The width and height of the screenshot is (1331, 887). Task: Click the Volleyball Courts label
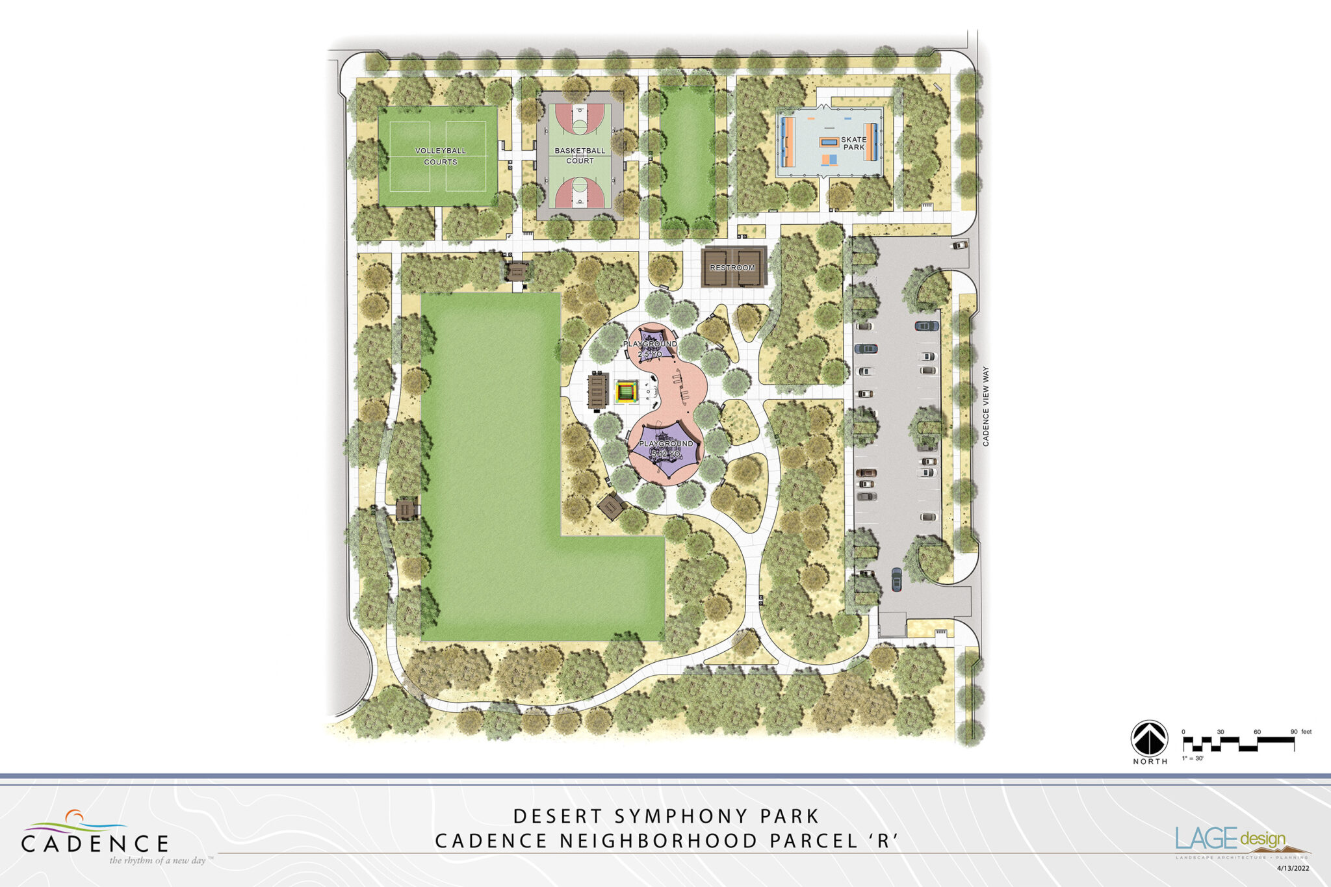(x=440, y=156)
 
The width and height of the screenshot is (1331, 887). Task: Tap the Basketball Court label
(x=580, y=155)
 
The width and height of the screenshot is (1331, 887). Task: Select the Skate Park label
(x=853, y=144)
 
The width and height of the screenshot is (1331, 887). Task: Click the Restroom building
(x=732, y=267)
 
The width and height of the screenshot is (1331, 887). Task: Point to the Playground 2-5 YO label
(x=650, y=348)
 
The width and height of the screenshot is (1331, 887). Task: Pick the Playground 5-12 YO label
(x=665, y=448)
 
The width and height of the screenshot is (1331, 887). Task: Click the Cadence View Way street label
(x=985, y=406)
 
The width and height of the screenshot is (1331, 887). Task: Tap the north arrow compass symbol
(x=1149, y=739)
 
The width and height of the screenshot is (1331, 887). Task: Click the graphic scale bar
(x=1238, y=743)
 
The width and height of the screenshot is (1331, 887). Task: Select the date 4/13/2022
(x=1293, y=868)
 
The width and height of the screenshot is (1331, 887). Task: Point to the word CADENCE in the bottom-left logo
(x=95, y=843)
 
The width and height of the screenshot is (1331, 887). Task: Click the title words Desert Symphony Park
(x=666, y=816)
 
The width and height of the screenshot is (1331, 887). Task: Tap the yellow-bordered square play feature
(x=626, y=392)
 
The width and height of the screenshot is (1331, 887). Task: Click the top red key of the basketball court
(x=580, y=117)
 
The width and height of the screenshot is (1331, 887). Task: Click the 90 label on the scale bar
(x=1294, y=732)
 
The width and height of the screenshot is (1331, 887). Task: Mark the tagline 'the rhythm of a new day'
(x=158, y=860)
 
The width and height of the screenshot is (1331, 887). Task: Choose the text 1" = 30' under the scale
(x=1193, y=758)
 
